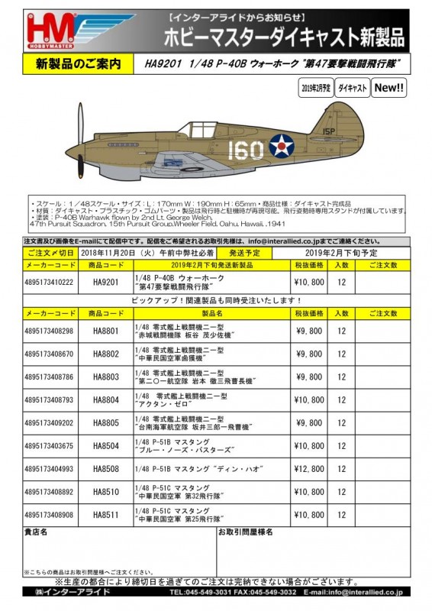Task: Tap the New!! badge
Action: coord(389,89)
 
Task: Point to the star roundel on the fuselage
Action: coord(281,146)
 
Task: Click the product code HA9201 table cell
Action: coord(107,282)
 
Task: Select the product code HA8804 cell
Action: coord(107,399)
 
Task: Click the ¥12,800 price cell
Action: coord(310,469)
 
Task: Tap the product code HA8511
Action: coord(107,515)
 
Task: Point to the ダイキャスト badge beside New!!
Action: coord(353,89)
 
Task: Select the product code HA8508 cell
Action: coord(107,469)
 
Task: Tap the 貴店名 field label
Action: coord(37,531)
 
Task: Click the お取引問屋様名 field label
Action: coord(246,531)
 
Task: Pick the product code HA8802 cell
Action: coord(107,354)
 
